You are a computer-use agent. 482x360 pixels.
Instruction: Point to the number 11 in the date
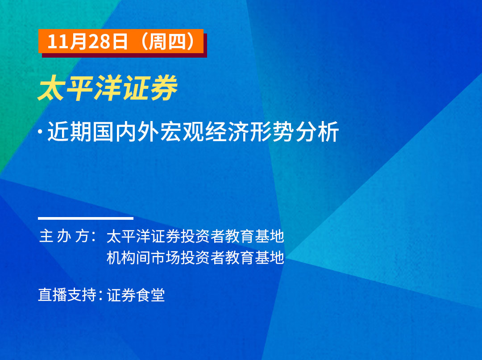coord(57,42)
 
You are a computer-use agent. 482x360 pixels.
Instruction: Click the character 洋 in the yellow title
coord(108,88)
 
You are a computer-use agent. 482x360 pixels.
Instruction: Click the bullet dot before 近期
coord(40,132)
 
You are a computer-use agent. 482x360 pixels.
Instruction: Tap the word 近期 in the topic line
coord(70,132)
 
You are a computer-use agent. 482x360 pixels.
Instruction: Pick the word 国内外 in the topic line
coord(126,132)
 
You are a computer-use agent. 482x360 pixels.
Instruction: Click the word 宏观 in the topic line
coord(182,132)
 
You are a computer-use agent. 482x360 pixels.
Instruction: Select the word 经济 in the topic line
coord(227,132)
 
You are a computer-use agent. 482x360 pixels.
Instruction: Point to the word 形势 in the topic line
coord(272,132)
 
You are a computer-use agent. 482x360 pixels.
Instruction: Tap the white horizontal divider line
coord(86,218)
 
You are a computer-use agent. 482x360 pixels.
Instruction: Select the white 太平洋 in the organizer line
coord(128,236)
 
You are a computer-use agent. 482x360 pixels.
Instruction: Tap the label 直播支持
coord(67,295)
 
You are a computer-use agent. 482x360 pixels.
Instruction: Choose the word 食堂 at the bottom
coord(151,295)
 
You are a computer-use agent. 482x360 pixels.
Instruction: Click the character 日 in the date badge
coord(119,42)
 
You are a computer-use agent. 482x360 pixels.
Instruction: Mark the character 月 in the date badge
coord(78,42)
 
